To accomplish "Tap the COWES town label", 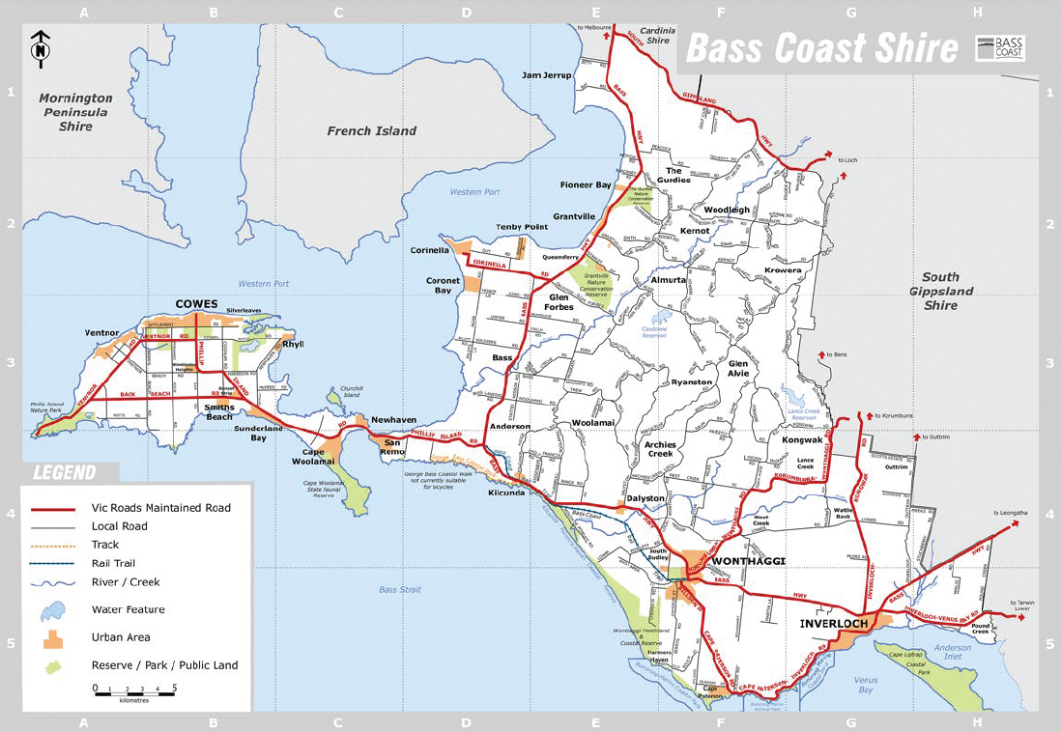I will point(196,303).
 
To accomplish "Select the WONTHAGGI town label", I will point(748,561).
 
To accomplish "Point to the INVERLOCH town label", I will point(834,623).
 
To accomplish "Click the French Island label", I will point(371,130).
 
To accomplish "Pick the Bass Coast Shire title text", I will point(820,48).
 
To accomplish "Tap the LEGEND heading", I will point(66,473).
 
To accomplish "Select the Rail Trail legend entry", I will point(113,563).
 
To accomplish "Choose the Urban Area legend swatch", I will point(54,637).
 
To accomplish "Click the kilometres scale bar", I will point(134,689).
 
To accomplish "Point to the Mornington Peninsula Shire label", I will point(74,112).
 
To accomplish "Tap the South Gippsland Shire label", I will point(941,291).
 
